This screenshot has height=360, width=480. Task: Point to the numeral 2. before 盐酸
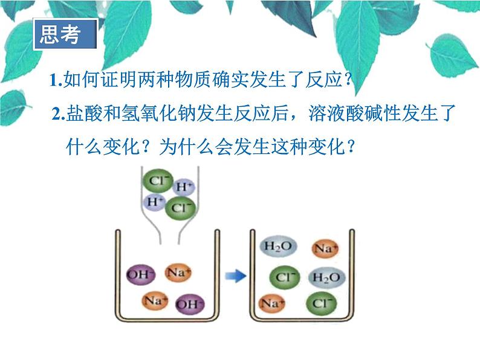[x=59, y=114]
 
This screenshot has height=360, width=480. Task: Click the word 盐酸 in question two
[x=82, y=114]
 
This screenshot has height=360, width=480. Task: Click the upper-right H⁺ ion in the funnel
[x=184, y=187]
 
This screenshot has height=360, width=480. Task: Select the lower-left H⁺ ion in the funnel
[x=154, y=201]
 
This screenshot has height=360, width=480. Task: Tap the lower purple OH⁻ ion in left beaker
[x=190, y=303]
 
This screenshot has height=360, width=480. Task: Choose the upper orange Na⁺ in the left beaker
[x=178, y=272]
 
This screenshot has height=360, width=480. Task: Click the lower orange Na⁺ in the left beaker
[x=155, y=300]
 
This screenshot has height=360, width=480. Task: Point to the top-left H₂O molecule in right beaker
[x=277, y=246]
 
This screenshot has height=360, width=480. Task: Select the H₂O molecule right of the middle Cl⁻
[x=326, y=278]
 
